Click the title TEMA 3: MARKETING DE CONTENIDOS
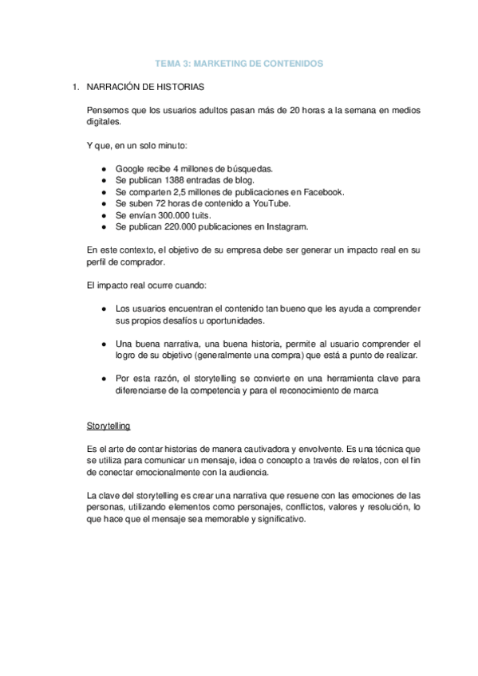(239, 63)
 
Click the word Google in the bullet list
(129, 168)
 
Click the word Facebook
(324, 192)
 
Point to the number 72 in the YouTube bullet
(160, 203)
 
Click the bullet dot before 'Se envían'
(105, 215)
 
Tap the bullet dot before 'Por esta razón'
(105, 379)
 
